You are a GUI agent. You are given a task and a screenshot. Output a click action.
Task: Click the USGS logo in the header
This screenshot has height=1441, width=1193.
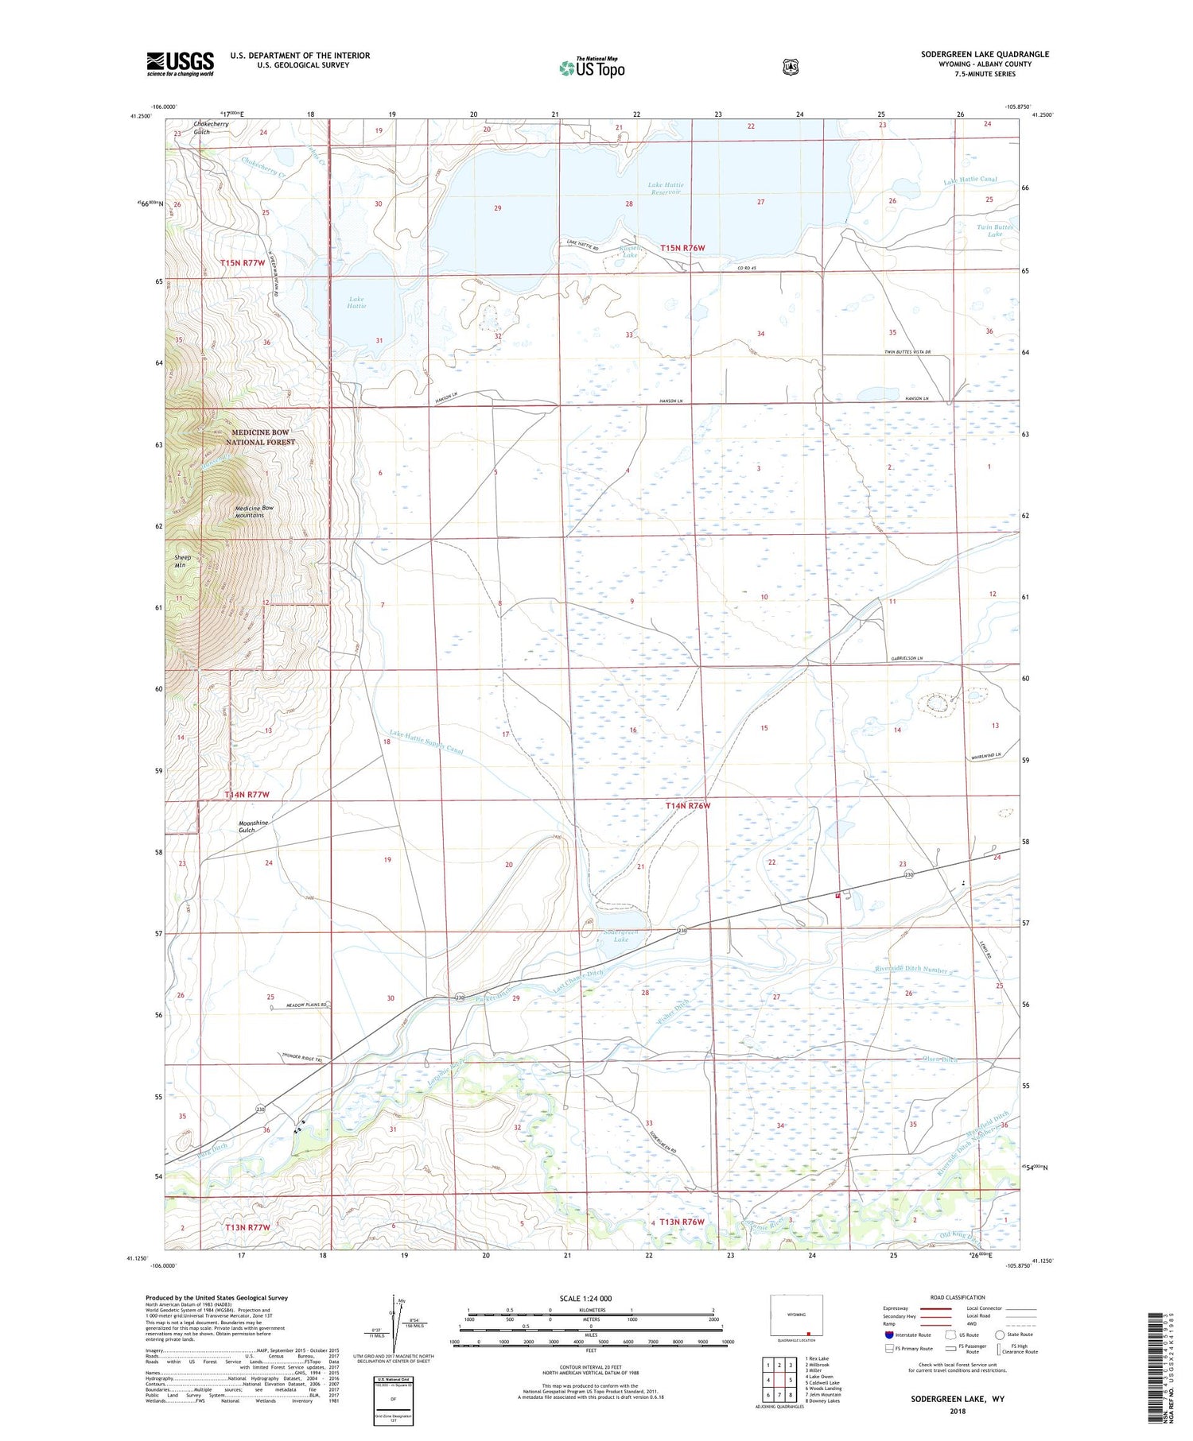pyautogui.click(x=180, y=64)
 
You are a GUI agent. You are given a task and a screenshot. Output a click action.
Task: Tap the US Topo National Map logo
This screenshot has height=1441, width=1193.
pyautogui.click(x=592, y=67)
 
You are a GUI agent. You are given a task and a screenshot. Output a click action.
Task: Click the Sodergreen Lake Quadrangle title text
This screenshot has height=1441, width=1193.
pyautogui.click(x=985, y=54)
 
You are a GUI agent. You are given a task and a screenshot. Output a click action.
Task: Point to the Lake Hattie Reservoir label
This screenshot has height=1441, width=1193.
pyautogui.click(x=666, y=188)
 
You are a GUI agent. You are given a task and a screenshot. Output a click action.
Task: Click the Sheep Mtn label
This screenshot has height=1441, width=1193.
pyautogui.click(x=183, y=561)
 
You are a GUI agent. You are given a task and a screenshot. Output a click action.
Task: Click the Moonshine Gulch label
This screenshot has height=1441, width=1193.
pyautogui.click(x=253, y=827)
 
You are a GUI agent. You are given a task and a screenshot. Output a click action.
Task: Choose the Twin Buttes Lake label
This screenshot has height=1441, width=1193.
pyautogui.click(x=995, y=231)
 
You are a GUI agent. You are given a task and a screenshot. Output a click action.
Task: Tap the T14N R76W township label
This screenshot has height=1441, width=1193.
pyautogui.click(x=687, y=806)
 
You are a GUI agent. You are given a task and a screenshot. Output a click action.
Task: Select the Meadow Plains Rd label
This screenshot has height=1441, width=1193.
pyautogui.click(x=300, y=1005)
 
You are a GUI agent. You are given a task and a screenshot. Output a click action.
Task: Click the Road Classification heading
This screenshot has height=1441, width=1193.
pyautogui.click(x=958, y=1297)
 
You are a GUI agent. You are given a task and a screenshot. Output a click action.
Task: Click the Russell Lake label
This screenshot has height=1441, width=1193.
pyautogui.click(x=629, y=251)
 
